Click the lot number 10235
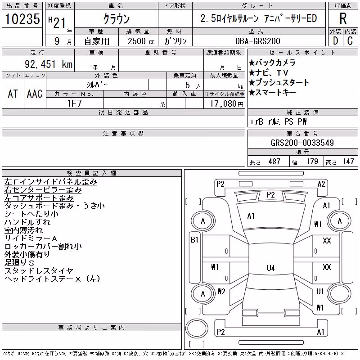click(22, 19)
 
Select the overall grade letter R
click(343, 18)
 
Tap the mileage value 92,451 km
click(49, 64)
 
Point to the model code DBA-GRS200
click(257, 41)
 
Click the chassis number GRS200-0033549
click(302, 143)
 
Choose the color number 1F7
click(74, 103)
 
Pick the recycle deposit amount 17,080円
click(227, 104)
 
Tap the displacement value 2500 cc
click(141, 41)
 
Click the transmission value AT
click(13, 94)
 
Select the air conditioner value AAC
click(35, 94)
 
